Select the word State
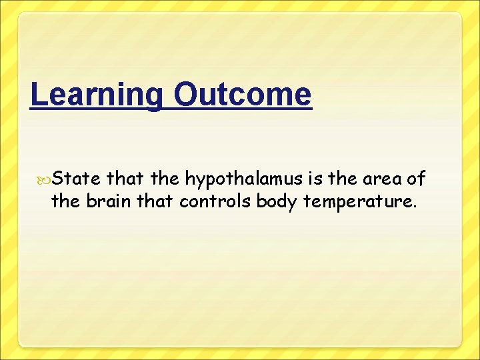(x=76, y=178)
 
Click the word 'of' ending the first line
(x=417, y=178)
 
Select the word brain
(x=109, y=201)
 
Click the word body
(x=278, y=201)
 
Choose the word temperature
(x=359, y=201)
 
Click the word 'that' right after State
(x=124, y=178)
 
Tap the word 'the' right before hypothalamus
(x=165, y=178)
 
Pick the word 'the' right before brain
(x=65, y=201)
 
